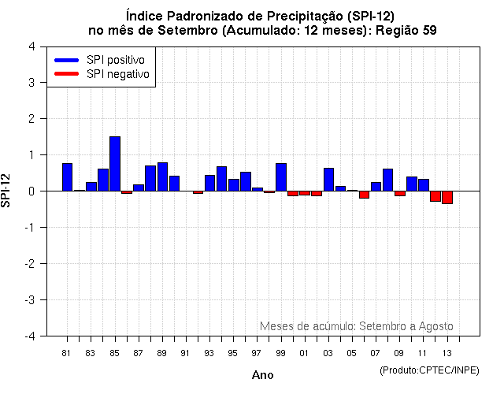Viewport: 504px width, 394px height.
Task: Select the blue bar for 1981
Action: [67, 177]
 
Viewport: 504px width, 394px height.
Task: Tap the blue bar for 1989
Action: [162, 177]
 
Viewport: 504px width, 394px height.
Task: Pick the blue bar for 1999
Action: [281, 177]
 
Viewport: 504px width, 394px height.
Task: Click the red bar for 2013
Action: [447, 197]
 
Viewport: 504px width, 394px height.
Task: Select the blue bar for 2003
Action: [328, 180]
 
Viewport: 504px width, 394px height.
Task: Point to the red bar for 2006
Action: [364, 194]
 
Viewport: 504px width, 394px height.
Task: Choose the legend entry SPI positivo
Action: [103, 60]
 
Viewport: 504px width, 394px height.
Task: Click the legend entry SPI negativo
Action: [103, 74]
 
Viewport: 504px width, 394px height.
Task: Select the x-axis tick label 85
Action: [115, 352]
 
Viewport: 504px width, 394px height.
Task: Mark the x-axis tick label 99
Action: [281, 352]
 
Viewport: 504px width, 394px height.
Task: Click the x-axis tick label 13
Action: [447, 352]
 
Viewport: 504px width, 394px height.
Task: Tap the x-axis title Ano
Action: [262, 375]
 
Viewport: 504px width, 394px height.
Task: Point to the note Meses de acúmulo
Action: [356, 326]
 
